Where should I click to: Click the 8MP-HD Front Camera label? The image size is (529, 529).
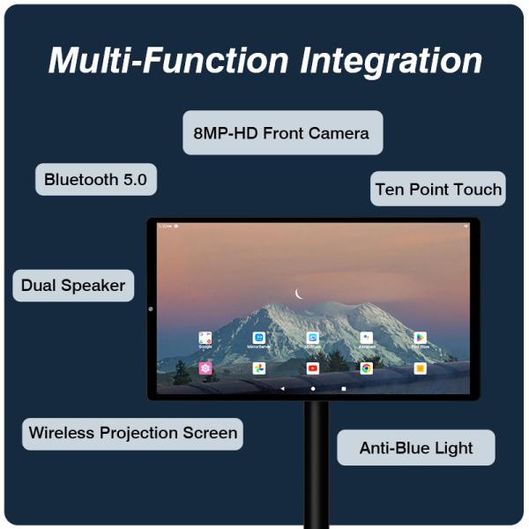pos(282,133)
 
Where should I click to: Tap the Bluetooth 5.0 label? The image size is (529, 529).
pos(95,180)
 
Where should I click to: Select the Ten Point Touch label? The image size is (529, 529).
pos(437,189)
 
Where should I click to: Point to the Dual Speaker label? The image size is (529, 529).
pos(73,286)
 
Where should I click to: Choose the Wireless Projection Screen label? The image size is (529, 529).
pos(132,433)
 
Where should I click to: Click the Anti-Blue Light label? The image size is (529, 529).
pos(416,448)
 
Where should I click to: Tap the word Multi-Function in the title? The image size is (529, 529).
pos(168,60)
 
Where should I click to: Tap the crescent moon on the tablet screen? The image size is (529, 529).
pos(299,294)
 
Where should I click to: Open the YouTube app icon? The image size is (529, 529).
pos(313,369)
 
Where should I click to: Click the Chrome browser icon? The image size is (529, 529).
pos(366,369)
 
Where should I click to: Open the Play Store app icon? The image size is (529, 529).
pos(421,338)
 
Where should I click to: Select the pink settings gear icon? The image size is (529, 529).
pos(205,369)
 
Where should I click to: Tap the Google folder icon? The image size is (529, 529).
pos(205,338)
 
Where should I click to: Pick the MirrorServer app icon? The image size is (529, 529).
pos(259,338)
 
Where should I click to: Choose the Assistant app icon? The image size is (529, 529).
pos(366,338)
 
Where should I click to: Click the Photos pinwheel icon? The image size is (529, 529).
pos(259,369)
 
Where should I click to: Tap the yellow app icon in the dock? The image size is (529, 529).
pos(421,369)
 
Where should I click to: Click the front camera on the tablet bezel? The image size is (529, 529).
pos(152,309)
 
